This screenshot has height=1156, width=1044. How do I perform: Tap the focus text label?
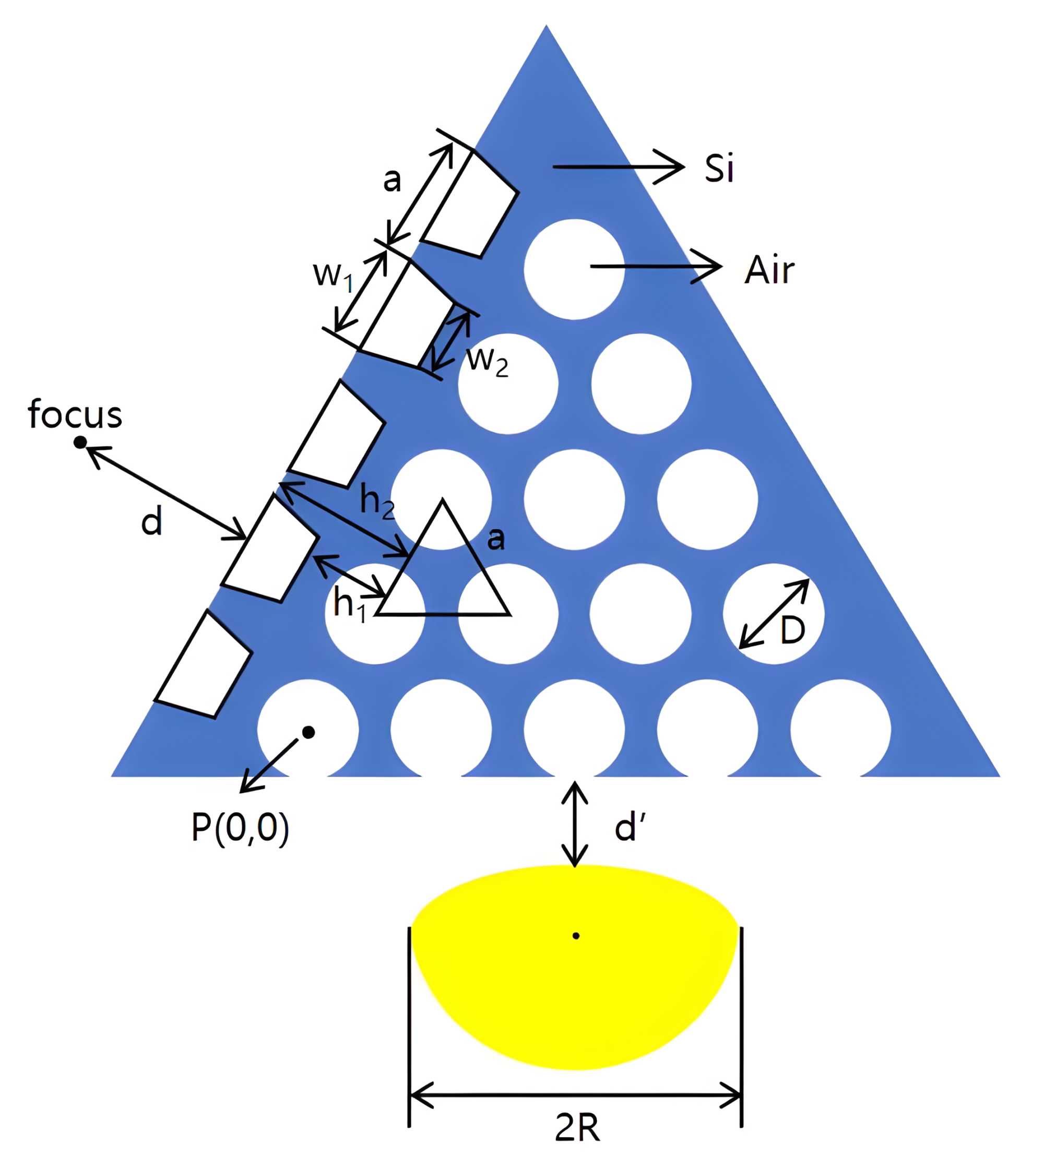75,414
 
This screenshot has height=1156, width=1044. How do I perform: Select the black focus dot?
80,442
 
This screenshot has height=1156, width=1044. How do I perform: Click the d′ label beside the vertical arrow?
630,829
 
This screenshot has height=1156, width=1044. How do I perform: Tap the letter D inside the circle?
792,631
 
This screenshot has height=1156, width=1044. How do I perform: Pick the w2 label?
488,361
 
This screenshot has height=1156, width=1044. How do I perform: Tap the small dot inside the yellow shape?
576,936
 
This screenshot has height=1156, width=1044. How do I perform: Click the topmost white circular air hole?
574,269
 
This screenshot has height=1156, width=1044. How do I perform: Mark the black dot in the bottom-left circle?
309,732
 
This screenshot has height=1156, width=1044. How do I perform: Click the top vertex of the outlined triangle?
442,501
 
